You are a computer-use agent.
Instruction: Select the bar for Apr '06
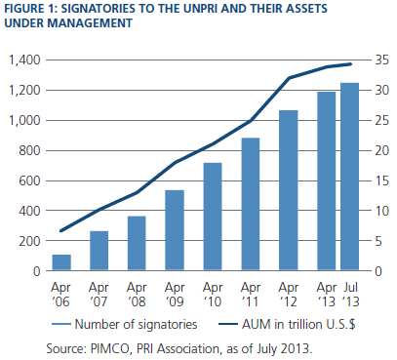click(61, 262)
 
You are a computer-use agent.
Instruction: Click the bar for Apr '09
click(175, 230)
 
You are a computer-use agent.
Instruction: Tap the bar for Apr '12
click(289, 190)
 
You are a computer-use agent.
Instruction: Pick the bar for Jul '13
click(349, 177)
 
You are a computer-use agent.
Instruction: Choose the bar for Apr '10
click(213, 217)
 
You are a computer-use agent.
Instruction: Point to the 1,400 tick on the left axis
click(24, 60)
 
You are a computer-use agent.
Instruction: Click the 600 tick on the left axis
click(29, 180)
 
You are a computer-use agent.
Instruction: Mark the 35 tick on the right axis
click(381, 60)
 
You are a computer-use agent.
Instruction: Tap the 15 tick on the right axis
click(381, 180)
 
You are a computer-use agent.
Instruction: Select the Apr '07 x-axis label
click(99, 295)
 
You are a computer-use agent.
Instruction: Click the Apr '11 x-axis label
click(251, 295)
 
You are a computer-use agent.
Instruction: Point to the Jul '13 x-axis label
click(351, 295)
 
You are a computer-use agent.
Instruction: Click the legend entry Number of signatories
click(125, 324)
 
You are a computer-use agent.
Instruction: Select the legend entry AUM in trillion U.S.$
click(287, 324)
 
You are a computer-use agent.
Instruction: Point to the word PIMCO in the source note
click(109, 349)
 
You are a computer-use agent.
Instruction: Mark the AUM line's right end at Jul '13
click(351, 64)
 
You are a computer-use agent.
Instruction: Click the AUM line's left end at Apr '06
click(61, 231)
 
